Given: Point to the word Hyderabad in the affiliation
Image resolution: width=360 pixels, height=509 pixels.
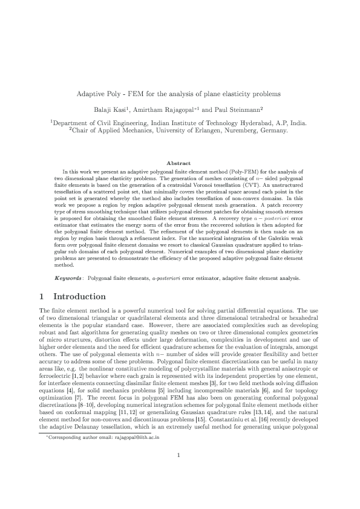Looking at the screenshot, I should [264, 123].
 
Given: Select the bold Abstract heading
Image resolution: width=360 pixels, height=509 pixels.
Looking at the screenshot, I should [180, 163].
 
